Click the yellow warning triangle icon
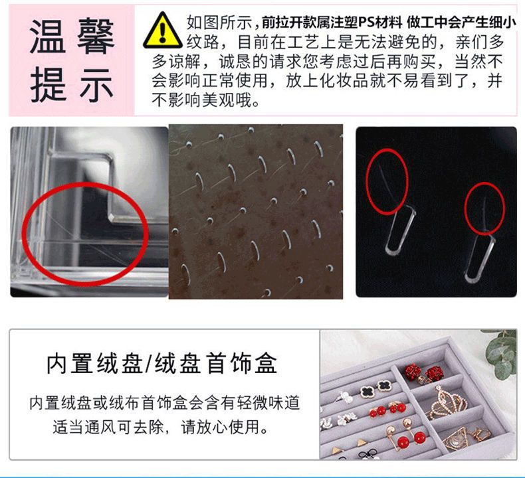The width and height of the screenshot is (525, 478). pos(163,31)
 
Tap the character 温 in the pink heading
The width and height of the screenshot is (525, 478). pos(47,37)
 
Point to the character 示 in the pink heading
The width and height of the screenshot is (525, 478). pos(96,84)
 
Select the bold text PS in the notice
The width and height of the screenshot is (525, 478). pos(368,23)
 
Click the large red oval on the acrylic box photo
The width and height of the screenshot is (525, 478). pos(85,234)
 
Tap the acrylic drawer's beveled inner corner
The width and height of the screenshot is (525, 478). pos(113,218)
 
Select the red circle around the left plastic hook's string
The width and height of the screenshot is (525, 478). pos(387,181)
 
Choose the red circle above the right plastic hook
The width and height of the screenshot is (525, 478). pos(485,208)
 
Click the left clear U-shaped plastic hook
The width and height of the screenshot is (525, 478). pos(399,231)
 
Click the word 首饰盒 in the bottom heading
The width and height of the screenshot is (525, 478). pos(242,364)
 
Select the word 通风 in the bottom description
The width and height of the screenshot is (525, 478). pos(100,426)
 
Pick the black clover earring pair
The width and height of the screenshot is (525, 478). pos(375,388)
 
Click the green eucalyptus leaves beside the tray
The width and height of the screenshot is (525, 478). pos(501,355)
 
